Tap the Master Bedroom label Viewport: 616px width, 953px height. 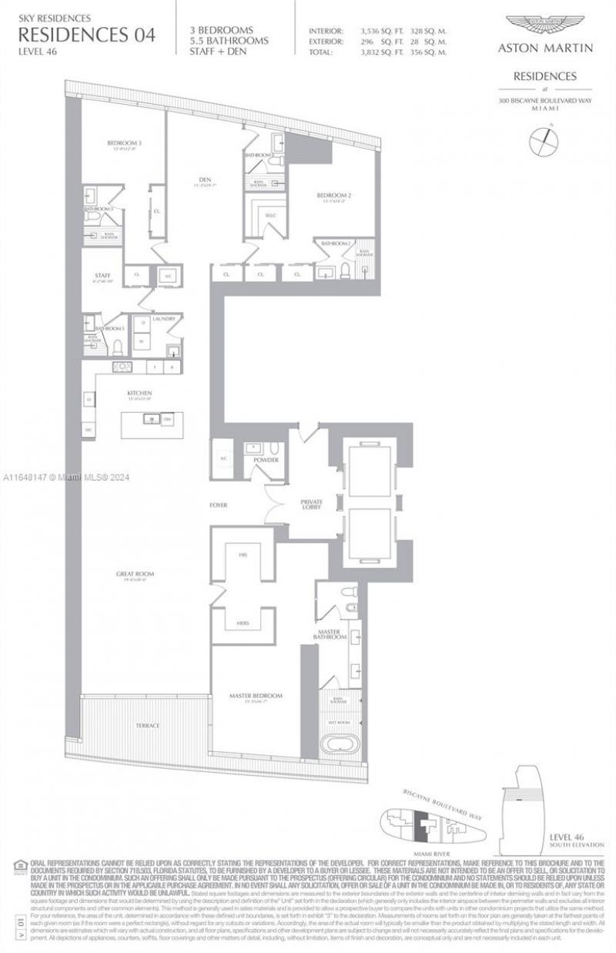(256, 695)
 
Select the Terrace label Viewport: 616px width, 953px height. (147, 726)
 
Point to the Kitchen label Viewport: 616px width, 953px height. (139, 392)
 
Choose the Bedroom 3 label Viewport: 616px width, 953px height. (124, 143)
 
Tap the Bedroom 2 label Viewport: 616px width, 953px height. (334, 196)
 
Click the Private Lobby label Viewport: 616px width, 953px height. (311, 505)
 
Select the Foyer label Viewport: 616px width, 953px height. (218, 505)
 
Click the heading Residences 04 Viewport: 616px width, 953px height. (85, 34)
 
